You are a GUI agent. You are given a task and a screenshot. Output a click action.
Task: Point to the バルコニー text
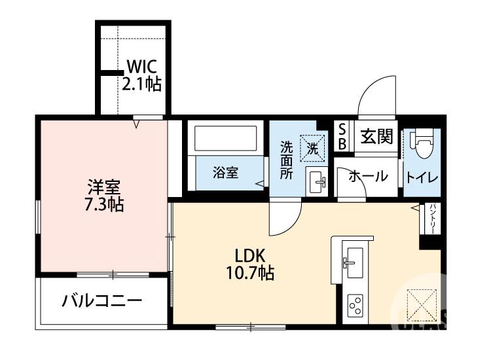click(x=102, y=302)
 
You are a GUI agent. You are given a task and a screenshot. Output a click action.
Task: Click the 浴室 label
click(x=225, y=173)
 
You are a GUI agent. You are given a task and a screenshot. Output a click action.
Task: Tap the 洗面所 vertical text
click(x=286, y=160)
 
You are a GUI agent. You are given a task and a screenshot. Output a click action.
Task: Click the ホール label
click(x=367, y=176)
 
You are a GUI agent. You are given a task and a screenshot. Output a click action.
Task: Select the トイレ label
click(x=422, y=177)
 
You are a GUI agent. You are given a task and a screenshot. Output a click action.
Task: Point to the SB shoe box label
click(x=342, y=137)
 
